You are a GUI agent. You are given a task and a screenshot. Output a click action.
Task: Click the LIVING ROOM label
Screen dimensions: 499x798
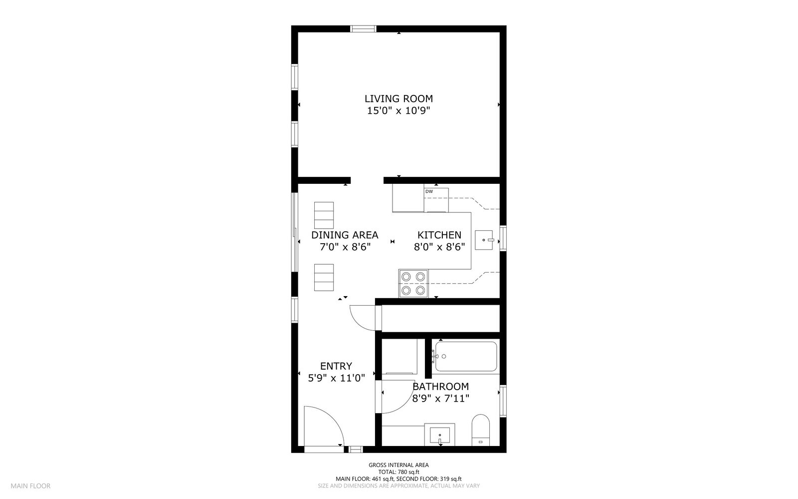[399, 99]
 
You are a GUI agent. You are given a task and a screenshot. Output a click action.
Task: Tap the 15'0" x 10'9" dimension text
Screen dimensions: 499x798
[399, 111]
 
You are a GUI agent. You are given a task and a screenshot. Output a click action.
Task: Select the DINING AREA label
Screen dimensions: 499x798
[345, 235]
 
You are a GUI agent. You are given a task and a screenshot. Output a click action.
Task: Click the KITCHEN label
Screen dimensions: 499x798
[439, 235]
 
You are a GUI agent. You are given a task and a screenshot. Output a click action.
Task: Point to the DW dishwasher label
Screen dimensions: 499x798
[429, 191]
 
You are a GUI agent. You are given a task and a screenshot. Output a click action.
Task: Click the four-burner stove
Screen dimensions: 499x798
[413, 283]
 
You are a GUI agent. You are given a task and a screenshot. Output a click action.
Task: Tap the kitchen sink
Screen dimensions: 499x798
[484, 240]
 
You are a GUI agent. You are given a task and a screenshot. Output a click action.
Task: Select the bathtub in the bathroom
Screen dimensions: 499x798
[466, 356]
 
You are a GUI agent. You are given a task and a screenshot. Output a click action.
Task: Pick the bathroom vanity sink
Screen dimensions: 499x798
[440, 434]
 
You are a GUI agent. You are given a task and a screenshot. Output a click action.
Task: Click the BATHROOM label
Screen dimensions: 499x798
[440, 387]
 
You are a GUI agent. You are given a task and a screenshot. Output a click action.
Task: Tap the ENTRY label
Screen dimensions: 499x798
[336, 366]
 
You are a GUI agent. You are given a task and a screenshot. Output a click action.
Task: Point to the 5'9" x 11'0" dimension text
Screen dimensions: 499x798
[336, 378]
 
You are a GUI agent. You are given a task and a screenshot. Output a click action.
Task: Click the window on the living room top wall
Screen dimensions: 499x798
[363, 28]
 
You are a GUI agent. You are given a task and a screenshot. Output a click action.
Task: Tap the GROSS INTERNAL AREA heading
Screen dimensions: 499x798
[399, 465]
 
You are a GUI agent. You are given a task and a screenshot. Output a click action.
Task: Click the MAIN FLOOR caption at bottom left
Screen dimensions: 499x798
[30, 486]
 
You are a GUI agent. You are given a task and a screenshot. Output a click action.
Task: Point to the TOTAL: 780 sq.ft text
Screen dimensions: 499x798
[399, 472]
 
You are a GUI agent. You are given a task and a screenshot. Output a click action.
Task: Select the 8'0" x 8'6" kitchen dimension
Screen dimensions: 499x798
[439, 246]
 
